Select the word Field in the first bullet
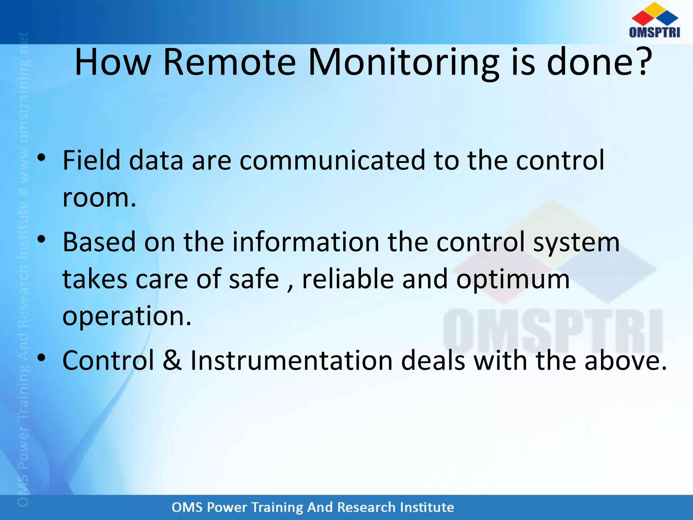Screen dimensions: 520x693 [91, 160]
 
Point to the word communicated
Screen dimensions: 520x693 [332, 160]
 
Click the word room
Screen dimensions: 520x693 [99, 198]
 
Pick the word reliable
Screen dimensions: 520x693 [348, 279]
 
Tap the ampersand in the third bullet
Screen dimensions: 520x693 [172, 360]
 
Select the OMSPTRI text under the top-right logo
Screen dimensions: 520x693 [654, 32]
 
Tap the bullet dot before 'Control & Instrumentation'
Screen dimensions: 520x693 [41, 358]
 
